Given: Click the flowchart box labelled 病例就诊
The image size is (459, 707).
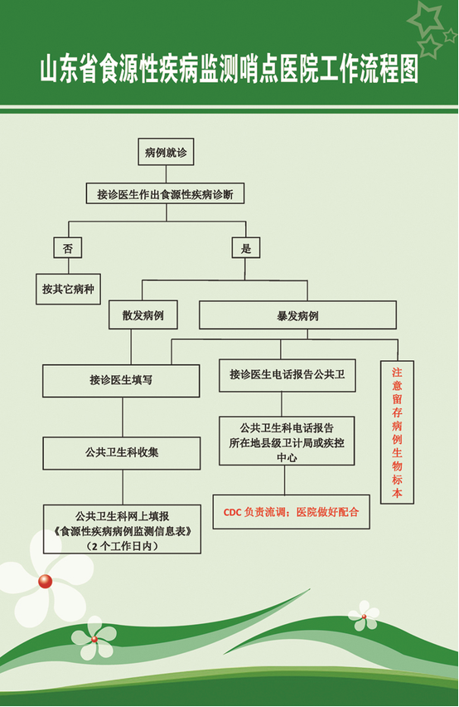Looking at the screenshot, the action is click(x=166, y=152).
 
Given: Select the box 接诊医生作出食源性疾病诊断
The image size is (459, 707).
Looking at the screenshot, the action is click(x=165, y=193).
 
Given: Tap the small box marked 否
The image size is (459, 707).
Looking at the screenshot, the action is click(x=68, y=247).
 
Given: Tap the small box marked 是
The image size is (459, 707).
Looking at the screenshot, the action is click(x=246, y=247).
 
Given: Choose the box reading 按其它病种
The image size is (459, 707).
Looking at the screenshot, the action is click(x=69, y=289).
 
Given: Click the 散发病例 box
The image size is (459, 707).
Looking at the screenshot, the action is click(x=143, y=314).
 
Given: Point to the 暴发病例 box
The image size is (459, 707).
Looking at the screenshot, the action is click(x=298, y=315).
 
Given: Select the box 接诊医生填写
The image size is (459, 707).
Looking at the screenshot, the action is click(x=121, y=381).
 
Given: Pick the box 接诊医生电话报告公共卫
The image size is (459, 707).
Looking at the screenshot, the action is click(x=287, y=375).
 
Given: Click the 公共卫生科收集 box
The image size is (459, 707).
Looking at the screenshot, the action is click(x=122, y=453).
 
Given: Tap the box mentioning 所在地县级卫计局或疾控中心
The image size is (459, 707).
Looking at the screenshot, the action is click(x=287, y=441).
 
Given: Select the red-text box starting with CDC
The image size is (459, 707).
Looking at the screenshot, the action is click(x=291, y=512).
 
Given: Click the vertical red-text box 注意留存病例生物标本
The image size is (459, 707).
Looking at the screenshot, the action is click(x=397, y=432).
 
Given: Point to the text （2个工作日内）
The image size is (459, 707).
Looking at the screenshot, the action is click(x=123, y=546).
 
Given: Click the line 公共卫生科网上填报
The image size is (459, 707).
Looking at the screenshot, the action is click(x=123, y=516).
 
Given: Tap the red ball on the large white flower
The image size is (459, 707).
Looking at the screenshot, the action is click(x=45, y=581).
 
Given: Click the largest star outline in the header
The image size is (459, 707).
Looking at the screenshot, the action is click(x=425, y=19).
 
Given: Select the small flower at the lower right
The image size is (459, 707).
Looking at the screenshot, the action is click(x=364, y=616).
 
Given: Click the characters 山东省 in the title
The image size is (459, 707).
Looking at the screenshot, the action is click(x=70, y=70).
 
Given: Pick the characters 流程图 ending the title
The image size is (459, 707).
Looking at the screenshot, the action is click(x=389, y=70).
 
